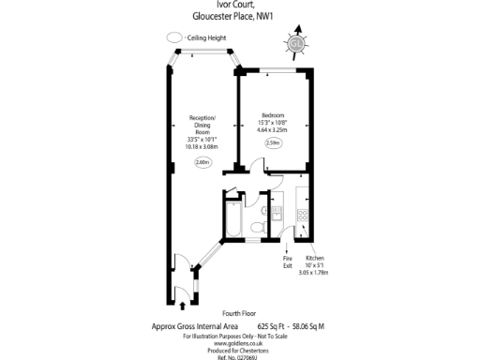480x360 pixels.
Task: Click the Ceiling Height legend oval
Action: point(174,37)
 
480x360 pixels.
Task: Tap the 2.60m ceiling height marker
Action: point(203,163)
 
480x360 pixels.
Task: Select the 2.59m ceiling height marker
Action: point(274,142)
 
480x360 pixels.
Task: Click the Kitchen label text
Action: point(315,256)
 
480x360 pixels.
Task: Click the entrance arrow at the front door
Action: point(181,303)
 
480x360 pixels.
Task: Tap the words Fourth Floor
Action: point(240,313)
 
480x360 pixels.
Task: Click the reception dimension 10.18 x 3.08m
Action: point(203,146)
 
